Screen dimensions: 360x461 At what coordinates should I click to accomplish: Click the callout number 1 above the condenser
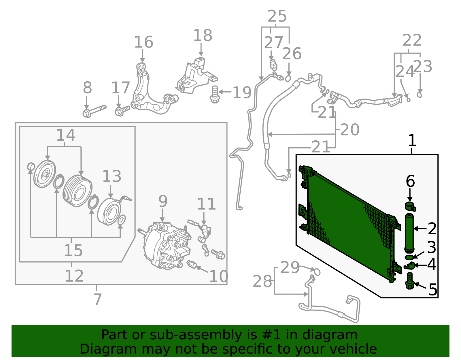tap(412, 141)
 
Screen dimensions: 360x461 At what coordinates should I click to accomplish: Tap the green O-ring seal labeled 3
tap(409, 257)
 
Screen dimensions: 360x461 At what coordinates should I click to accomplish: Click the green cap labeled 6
tap(410, 206)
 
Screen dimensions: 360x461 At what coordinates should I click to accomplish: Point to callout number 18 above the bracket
tap(203, 35)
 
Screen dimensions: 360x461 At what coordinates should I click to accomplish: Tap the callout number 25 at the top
tap(277, 16)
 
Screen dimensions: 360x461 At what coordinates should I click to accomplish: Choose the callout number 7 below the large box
tap(98, 299)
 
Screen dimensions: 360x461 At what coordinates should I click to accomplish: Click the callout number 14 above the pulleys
tap(66, 135)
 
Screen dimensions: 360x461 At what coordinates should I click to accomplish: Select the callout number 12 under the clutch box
tap(74, 276)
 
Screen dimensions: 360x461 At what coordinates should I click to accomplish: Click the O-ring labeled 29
tap(317, 272)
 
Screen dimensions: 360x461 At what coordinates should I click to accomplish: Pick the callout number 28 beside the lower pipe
tap(262, 281)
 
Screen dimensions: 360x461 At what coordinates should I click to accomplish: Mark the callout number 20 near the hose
tap(350, 130)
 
